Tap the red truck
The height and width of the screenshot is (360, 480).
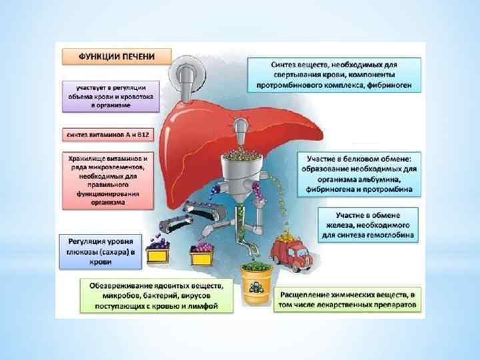pos(290,249)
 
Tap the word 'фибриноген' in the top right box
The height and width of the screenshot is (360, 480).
pos(385,85)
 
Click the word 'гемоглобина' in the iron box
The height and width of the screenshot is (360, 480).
pos(391,235)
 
